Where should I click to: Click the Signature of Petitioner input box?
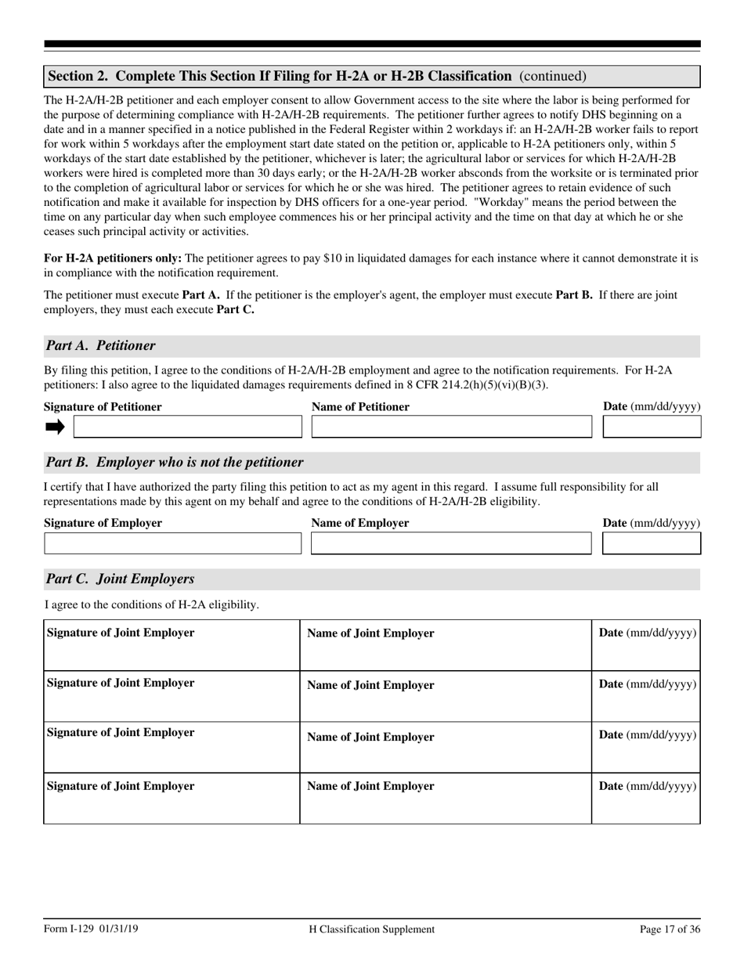(187, 427)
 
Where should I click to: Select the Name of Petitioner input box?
(451, 427)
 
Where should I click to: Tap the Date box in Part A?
(652, 427)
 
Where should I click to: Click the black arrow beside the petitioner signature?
(55, 427)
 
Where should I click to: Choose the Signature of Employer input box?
(172, 543)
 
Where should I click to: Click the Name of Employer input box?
(451, 543)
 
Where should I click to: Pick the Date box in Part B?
(652, 543)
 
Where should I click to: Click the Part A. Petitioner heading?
(100, 346)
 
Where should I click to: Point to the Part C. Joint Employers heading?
(120, 579)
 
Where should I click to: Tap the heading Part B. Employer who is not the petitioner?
(175, 463)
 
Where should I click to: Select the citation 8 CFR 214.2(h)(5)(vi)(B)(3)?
(474, 385)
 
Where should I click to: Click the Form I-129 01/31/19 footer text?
(92, 929)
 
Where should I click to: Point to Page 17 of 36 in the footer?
(670, 929)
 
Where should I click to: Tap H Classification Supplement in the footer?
(372, 929)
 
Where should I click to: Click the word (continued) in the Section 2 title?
(552, 76)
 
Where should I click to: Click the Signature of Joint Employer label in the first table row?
(121, 633)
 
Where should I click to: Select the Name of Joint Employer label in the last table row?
(370, 786)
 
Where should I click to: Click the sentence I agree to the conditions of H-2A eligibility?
(152, 604)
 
